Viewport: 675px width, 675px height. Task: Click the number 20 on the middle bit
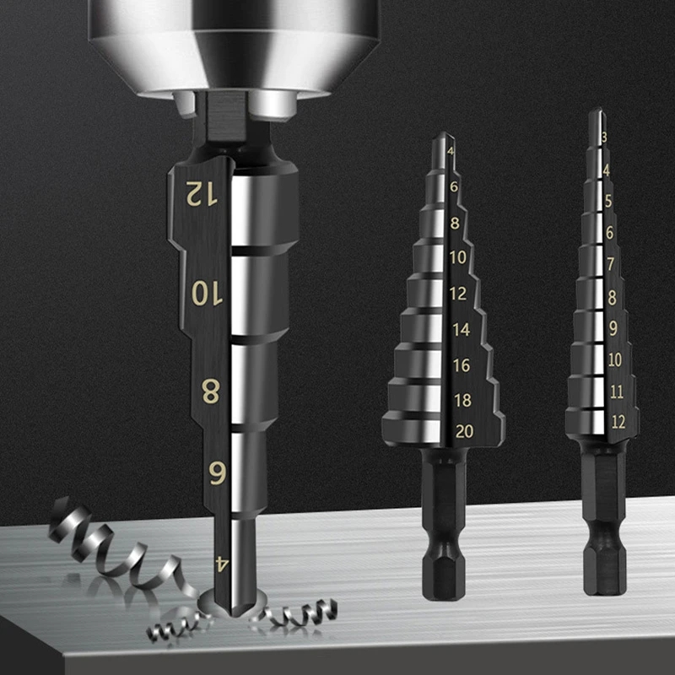463,431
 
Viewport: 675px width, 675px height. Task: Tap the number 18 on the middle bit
462,400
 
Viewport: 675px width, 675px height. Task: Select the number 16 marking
462,365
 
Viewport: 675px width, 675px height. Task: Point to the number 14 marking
461,331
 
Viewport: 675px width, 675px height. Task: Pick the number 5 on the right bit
607,201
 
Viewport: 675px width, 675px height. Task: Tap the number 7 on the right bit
611,264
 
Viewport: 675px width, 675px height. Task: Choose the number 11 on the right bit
616,391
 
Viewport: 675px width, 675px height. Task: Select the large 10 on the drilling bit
205,293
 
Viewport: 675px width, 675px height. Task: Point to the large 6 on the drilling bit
215,474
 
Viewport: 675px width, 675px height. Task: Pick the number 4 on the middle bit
451,152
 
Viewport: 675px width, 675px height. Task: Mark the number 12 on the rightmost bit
618,423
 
